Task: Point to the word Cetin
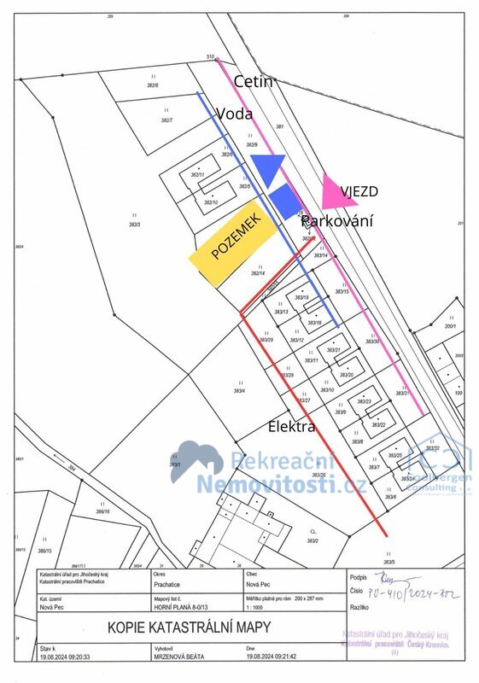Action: click(253, 82)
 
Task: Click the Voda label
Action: click(233, 114)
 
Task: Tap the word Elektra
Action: click(292, 426)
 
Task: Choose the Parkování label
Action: click(337, 219)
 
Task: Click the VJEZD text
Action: click(359, 191)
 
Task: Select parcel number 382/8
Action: click(153, 86)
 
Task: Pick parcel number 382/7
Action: click(166, 121)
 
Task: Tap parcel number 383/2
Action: click(313, 540)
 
